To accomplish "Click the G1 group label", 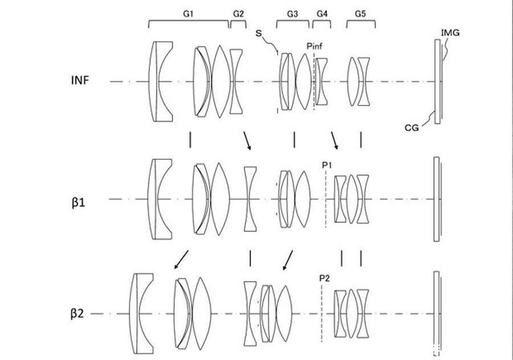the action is pos(188,14).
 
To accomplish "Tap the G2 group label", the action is pos(238,14).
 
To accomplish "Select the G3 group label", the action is pos(292,14).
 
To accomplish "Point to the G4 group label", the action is pos(322,14).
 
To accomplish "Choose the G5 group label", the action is pos(360,14).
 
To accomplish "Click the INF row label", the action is pos(80,80).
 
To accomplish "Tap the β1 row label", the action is pos(78,203).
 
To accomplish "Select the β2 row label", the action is pos(77,314).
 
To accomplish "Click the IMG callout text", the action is pos(450,33).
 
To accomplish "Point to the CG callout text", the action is pos(412,128).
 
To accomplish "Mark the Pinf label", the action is pos(314,46).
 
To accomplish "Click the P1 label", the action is pos(327,165).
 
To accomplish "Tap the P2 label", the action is pos(324,278).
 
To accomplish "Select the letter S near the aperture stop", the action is pos(259,33).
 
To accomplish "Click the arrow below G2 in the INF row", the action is pos(247,141).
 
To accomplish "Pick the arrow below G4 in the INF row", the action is pos(335,141).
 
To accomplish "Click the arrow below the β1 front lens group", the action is pos(181,260).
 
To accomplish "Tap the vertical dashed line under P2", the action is pos(321,313).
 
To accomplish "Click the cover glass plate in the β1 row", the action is pos(437,199).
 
